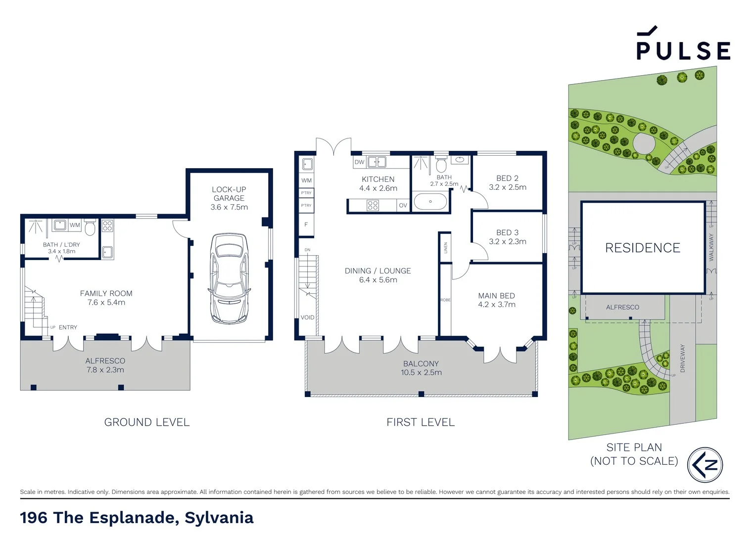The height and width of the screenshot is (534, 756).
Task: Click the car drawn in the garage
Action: tap(229, 279)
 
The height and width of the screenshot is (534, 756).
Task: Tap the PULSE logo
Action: tap(683, 45)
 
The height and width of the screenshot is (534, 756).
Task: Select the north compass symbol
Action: tap(705, 465)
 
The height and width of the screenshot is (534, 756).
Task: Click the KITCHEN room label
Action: tap(378, 179)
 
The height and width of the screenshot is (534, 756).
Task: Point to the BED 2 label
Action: tap(507, 178)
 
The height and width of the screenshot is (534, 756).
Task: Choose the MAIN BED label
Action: tap(496, 296)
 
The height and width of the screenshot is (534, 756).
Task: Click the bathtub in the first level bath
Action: tap(430, 202)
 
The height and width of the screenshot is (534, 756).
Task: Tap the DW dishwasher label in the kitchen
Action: tap(359, 162)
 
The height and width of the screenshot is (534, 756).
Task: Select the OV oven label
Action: tap(403, 206)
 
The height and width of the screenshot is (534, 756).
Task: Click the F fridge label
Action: tap(306, 225)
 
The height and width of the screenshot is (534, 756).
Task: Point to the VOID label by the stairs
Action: tap(307, 317)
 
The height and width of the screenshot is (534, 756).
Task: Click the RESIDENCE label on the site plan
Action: tap(643, 248)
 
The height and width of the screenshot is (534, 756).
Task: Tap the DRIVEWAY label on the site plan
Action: tap(683, 358)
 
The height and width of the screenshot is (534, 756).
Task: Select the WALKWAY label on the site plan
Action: tap(711, 247)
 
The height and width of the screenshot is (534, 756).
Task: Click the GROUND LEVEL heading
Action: tap(147, 422)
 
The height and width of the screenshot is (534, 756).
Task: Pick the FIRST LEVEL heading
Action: tap(421, 422)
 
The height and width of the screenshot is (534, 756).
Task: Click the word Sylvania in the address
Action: tap(219, 518)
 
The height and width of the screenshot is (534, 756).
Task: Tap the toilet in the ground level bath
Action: tap(90, 228)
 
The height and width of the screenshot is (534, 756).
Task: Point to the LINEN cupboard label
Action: tap(445, 248)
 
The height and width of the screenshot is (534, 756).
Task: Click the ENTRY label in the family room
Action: tap(68, 327)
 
